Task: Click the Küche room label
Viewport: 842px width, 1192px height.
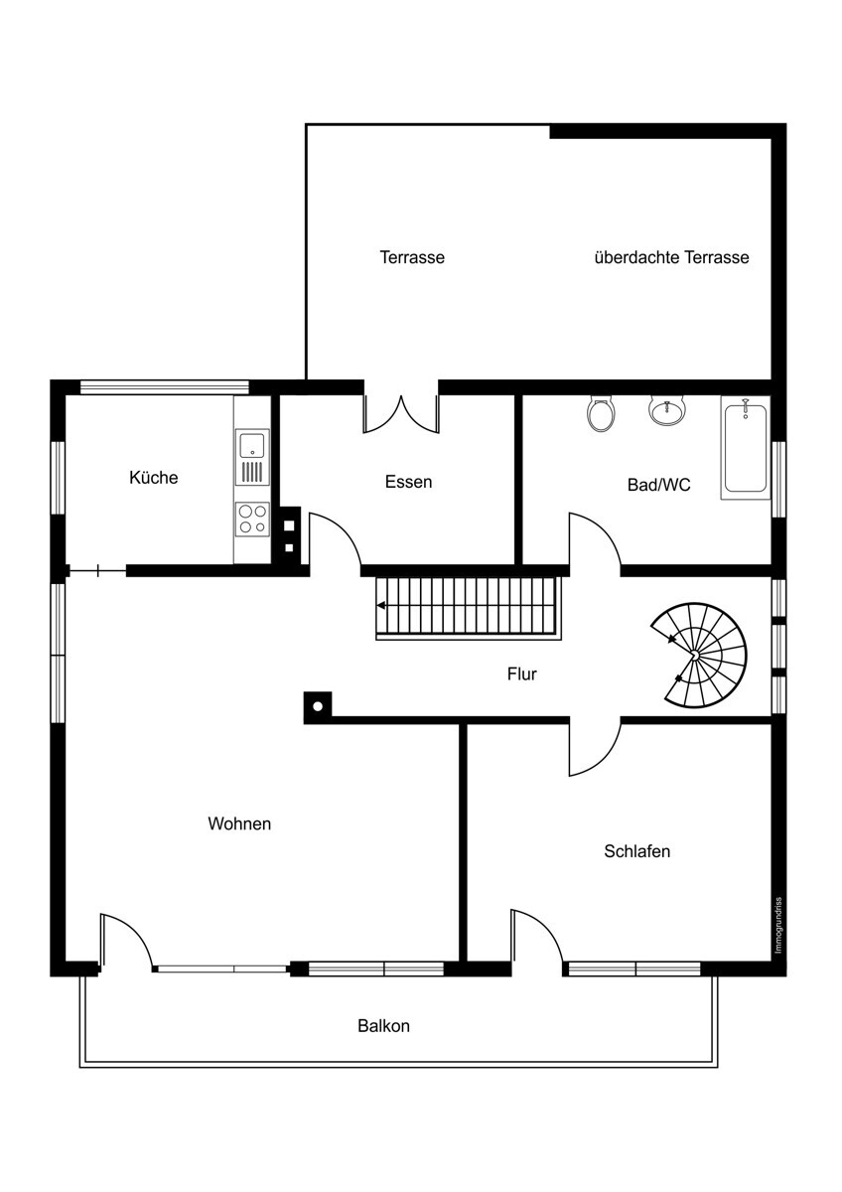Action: (x=153, y=477)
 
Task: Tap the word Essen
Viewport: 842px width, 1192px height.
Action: (x=408, y=482)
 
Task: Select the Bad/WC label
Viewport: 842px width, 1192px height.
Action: (x=658, y=485)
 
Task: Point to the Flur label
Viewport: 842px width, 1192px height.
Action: (x=522, y=674)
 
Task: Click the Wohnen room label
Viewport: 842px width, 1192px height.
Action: (x=239, y=823)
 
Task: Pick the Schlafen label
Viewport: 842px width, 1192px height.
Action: (x=636, y=851)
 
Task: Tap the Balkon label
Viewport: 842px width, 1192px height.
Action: (x=383, y=1026)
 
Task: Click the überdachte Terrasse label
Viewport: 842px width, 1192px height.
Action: (x=671, y=257)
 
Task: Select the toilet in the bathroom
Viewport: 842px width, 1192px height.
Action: (x=602, y=414)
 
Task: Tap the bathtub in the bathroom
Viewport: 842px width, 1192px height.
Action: (x=746, y=448)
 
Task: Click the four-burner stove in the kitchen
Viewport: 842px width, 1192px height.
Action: (x=252, y=519)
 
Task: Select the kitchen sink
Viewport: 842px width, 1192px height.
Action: (x=252, y=457)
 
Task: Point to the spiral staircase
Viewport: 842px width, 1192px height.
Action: (x=699, y=655)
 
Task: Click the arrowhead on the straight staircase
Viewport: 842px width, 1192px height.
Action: (x=381, y=605)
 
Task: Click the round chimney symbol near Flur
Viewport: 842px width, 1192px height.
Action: (x=318, y=706)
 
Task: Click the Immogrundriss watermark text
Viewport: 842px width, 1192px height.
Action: (x=778, y=926)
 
